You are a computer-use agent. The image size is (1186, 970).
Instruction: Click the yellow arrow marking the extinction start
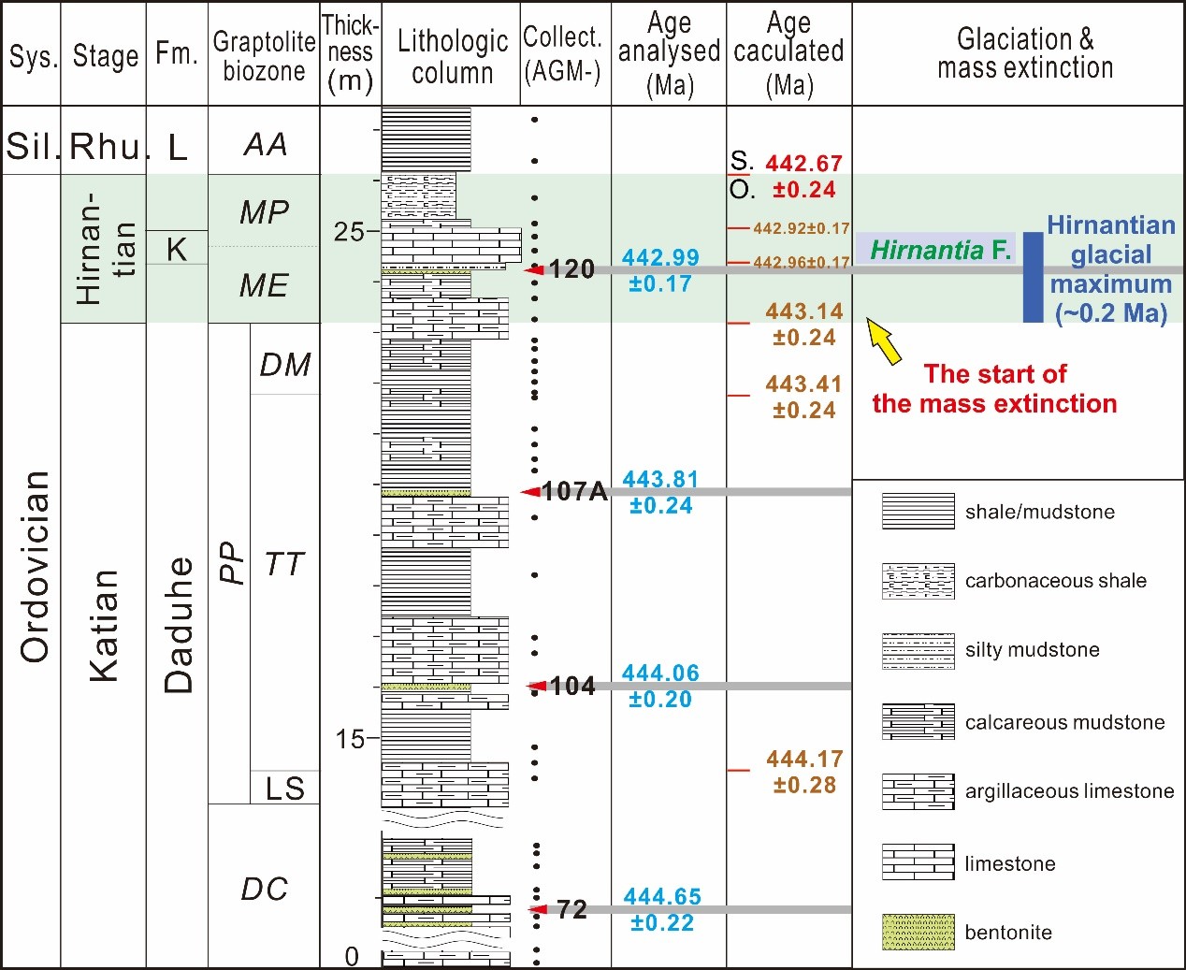coord(885,340)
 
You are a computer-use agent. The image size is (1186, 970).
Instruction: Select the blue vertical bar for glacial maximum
coord(1033,277)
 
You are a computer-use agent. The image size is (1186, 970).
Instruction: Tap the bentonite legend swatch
coord(918,933)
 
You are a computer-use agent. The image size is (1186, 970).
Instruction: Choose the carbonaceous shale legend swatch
coord(918,581)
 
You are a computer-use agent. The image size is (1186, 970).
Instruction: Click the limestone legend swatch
coord(918,862)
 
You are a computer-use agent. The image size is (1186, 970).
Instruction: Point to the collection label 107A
coord(573,491)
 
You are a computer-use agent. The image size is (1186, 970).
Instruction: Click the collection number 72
coord(571,909)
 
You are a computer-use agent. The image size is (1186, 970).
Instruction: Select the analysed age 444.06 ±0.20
coord(660,686)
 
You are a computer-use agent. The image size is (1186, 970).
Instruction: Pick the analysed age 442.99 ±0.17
coord(660,270)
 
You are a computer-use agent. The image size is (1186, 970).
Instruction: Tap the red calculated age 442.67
coord(803,164)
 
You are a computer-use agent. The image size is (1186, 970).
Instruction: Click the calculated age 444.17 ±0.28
coord(804,772)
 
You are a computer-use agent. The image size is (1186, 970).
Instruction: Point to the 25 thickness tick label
coord(349,232)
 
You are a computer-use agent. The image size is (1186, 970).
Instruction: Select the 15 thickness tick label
coord(350,740)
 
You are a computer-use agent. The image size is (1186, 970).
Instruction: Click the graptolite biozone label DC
coord(264,889)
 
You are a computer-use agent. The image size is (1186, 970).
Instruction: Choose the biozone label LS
coord(284,789)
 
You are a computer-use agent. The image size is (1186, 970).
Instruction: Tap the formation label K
coord(176,249)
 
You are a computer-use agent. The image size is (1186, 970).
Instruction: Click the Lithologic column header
coord(452,56)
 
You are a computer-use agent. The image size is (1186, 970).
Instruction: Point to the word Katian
coord(104,625)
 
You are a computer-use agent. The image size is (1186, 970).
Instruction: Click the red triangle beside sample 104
coord(536,687)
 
